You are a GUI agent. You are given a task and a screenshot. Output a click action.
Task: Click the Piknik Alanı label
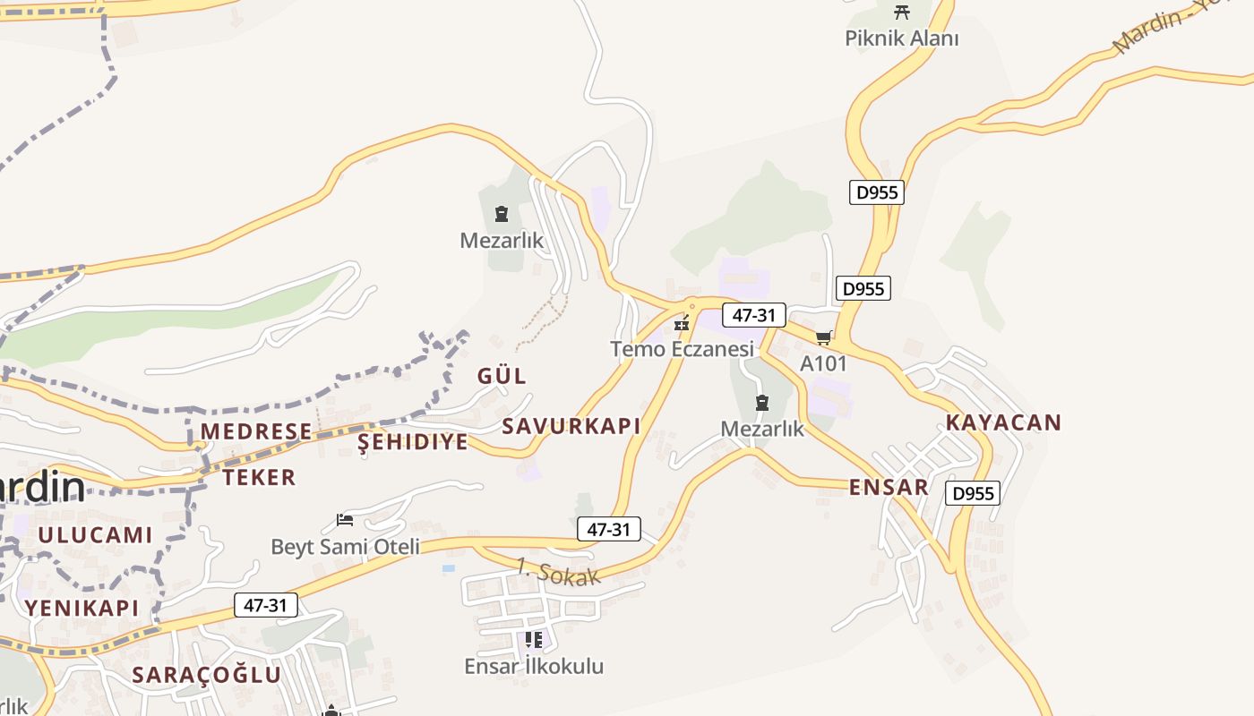coord(902,38)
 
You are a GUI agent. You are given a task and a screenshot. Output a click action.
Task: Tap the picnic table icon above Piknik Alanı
coord(902,13)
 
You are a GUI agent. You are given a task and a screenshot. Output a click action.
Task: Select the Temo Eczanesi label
coord(683,348)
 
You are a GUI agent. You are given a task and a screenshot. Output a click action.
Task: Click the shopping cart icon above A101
coord(823,337)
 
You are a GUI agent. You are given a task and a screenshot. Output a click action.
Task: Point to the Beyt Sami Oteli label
coord(345,546)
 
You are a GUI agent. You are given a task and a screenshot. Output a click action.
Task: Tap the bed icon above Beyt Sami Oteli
coord(345,519)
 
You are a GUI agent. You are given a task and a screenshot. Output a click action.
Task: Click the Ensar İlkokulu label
coord(534,666)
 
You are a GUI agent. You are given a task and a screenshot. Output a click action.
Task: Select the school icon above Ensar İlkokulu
coord(534,640)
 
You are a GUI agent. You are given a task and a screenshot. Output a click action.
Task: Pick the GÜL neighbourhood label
coord(502,375)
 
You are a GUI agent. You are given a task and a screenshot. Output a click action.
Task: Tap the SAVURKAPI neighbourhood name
coord(571,426)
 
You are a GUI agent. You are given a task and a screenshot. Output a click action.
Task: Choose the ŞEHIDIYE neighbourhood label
coord(413,442)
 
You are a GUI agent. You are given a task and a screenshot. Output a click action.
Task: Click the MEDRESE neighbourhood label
coord(256,431)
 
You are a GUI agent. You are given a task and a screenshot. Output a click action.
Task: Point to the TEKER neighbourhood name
coord(259,477)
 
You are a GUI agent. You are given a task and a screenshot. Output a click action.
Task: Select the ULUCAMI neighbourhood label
coord(95,535)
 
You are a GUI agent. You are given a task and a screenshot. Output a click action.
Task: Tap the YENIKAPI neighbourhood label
coord(82,608)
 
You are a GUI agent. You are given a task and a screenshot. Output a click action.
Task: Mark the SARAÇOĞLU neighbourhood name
coord(207,675)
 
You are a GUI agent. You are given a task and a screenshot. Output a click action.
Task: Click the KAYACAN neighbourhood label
coord(1003,422)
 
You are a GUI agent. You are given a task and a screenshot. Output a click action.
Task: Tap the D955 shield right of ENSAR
coord(973,493)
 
